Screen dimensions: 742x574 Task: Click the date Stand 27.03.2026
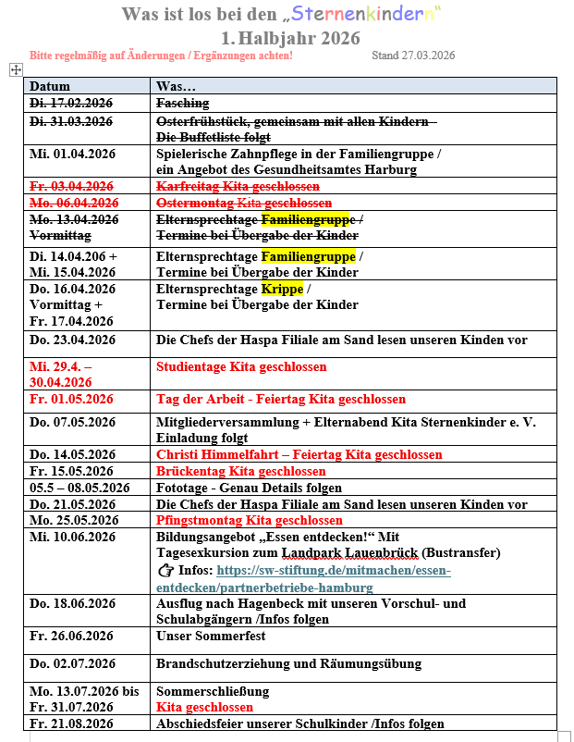413,56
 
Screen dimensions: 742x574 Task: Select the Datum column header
50,86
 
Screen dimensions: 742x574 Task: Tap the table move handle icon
15,69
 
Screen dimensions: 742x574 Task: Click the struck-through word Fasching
183,104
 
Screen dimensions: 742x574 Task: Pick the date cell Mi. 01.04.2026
72,153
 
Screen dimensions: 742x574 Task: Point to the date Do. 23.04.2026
72,340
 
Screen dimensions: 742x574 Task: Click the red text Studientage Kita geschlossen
241,367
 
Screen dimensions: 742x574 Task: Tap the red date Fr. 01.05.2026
72,400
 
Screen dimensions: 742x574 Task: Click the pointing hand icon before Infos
166,571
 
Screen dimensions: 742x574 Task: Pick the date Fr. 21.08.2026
71,723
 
